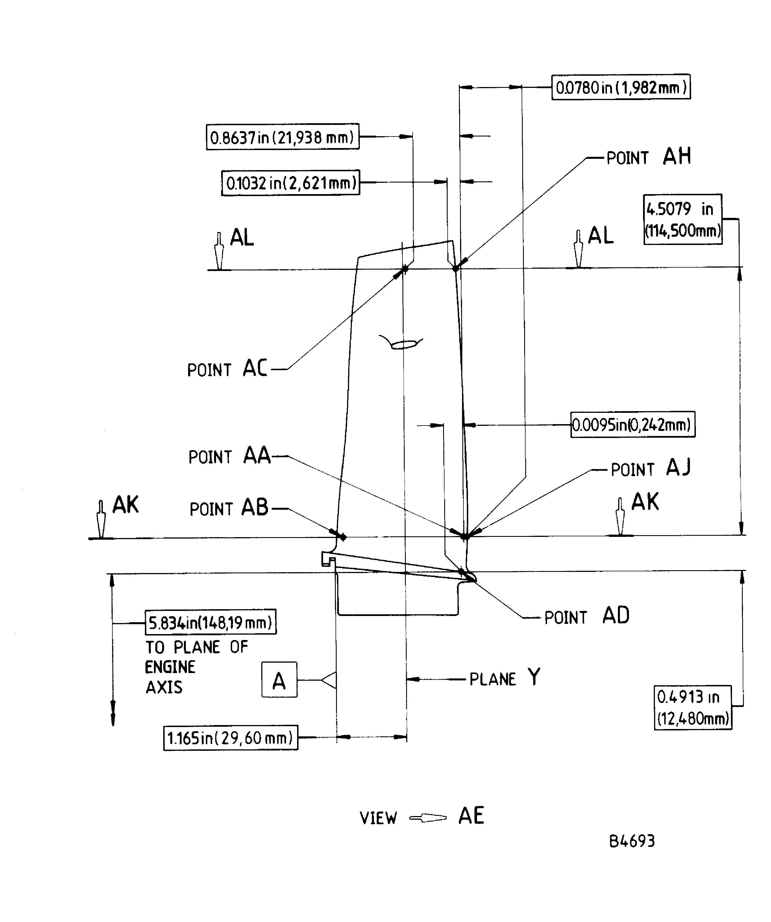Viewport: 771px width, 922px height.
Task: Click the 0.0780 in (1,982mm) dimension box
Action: point(620,87)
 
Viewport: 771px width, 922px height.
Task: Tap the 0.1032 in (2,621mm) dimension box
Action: point(291,182)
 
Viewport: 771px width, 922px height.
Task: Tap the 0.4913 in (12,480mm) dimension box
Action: point(692,707)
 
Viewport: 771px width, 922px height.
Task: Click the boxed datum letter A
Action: point(279,680)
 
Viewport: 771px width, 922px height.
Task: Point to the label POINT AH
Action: point(648,157)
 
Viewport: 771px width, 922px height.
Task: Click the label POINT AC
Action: point(227,368)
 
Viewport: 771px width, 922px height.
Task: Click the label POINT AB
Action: point(229,508)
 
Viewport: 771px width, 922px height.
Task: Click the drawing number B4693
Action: point(631,841)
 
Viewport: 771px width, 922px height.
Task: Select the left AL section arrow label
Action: point(241,238)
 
